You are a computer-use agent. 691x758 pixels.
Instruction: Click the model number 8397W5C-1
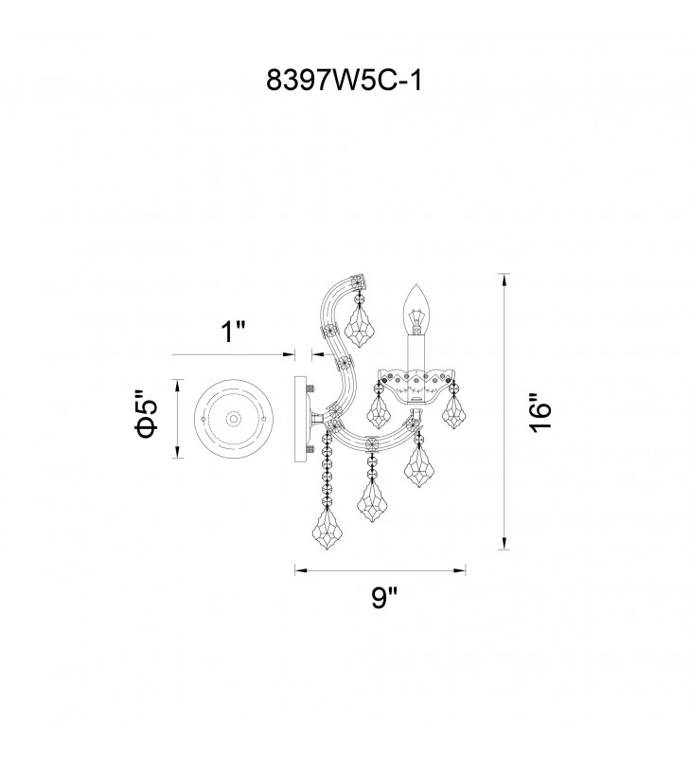[x=345, y=80]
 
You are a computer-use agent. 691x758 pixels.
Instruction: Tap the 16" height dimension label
[x=540, y=413]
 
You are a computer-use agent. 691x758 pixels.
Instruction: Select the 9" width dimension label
[x=383, y=598]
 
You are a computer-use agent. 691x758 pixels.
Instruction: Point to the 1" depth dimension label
[x=233, y=333]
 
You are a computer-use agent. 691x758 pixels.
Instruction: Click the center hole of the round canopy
[x=234, y=419]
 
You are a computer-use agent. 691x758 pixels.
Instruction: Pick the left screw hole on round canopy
[x=203, y=419]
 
